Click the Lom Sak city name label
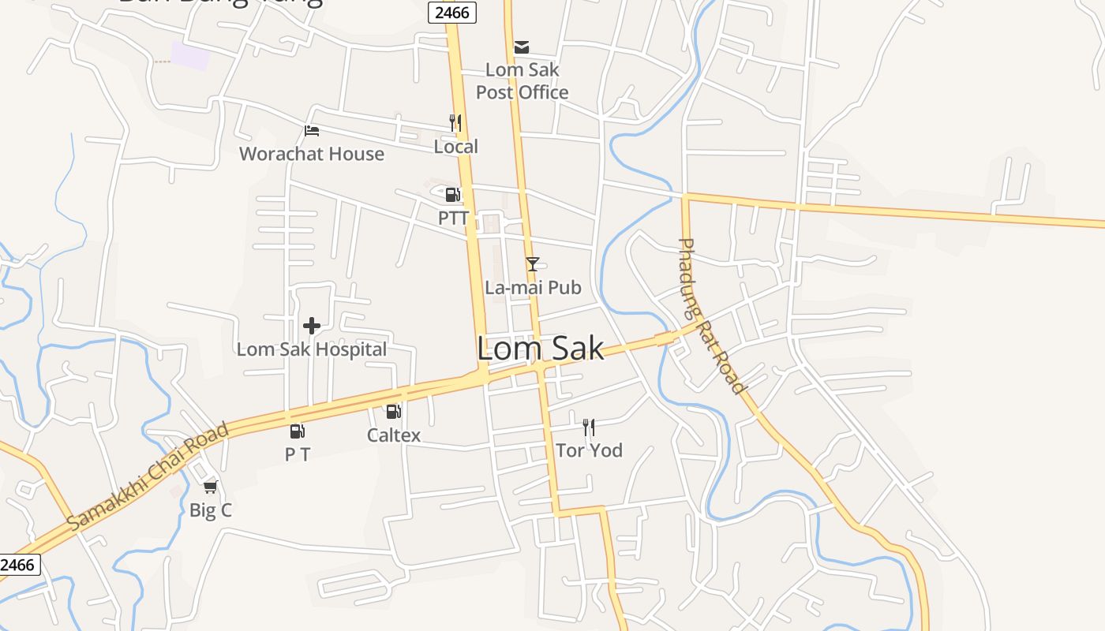[x=541, y=349]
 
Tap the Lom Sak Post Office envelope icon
[x=522, y=47]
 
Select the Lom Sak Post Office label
[x=522, y=81]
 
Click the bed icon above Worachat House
[x=312, y=131]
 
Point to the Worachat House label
[x=312, y=154]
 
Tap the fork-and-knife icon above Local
[x=455, y=123]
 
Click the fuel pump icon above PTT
[x=453, y=195]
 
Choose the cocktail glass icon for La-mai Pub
[x=533, y=264]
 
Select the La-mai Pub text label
[x=533, y=288]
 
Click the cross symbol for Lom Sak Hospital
[x=312, y=325]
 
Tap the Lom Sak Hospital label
[x=312, y=349]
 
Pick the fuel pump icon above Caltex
[x=393, y=411]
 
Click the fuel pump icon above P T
[x=297, y=431]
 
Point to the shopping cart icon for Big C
[x=210, y=487]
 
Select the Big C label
[x=211, y=510]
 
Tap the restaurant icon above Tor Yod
[x=589, y=428]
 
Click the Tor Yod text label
[x=589, y=450]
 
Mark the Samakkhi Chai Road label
[x=148, y=476]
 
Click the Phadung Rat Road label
[x=711, y=315]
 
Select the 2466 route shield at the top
[x=452, y=12]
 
